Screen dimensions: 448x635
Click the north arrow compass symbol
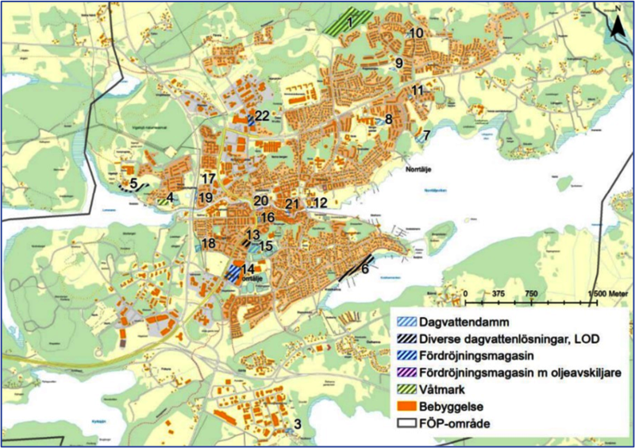(617, 24)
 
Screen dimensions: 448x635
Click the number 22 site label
(263, 116)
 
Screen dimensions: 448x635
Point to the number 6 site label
(364, 269)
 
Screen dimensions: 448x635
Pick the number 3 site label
(297, 423)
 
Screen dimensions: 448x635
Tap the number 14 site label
(248, 269)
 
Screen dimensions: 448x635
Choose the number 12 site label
(320, 203)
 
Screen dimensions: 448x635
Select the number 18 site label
(209, 243)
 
